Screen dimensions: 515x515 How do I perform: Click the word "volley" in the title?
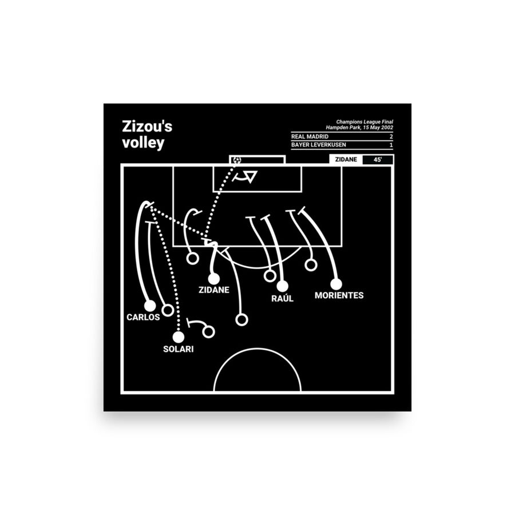[x=142, y=143]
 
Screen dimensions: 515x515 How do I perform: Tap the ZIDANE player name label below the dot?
[x=214, y=290]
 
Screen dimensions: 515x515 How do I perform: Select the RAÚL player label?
[x=283, y=299]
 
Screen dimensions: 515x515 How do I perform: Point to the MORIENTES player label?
[x=339, y=295]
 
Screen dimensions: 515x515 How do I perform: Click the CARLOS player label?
[x=144, y=317]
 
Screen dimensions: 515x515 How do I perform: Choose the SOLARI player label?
[x=177, y=348]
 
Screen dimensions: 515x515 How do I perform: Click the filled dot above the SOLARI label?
[x=180, y=336]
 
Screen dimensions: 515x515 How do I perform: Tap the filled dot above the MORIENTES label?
[x=336, y=283]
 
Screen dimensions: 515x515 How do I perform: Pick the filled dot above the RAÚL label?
[x=282, y=286]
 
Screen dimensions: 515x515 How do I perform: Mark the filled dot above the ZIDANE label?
[x=213, y=278]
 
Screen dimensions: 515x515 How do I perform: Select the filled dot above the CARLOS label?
[x=150, y=306]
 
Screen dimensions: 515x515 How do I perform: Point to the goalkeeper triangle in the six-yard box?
[x=250, y=177]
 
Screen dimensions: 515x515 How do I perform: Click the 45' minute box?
[x=378, y=160]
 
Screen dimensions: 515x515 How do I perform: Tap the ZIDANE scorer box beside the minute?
[x=346, y=160]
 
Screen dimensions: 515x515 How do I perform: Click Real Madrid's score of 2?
[x=391, y=137]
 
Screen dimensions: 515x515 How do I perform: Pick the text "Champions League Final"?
[x=365, y=121]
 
